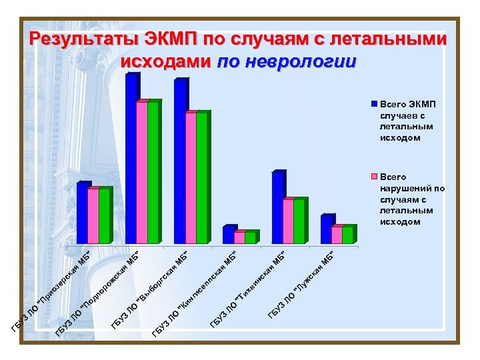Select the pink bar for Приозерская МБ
tap(93, 216)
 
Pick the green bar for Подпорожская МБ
tap(153, 173)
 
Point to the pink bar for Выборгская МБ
tap(191, 178)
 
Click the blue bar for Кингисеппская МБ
tap(228, 235)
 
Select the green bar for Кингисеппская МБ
tap(250, 238)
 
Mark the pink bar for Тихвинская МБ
tap(288, 221)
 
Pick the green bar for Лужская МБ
tap(347, 235)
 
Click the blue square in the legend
tap(375, 105)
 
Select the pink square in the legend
tap(375, 177)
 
